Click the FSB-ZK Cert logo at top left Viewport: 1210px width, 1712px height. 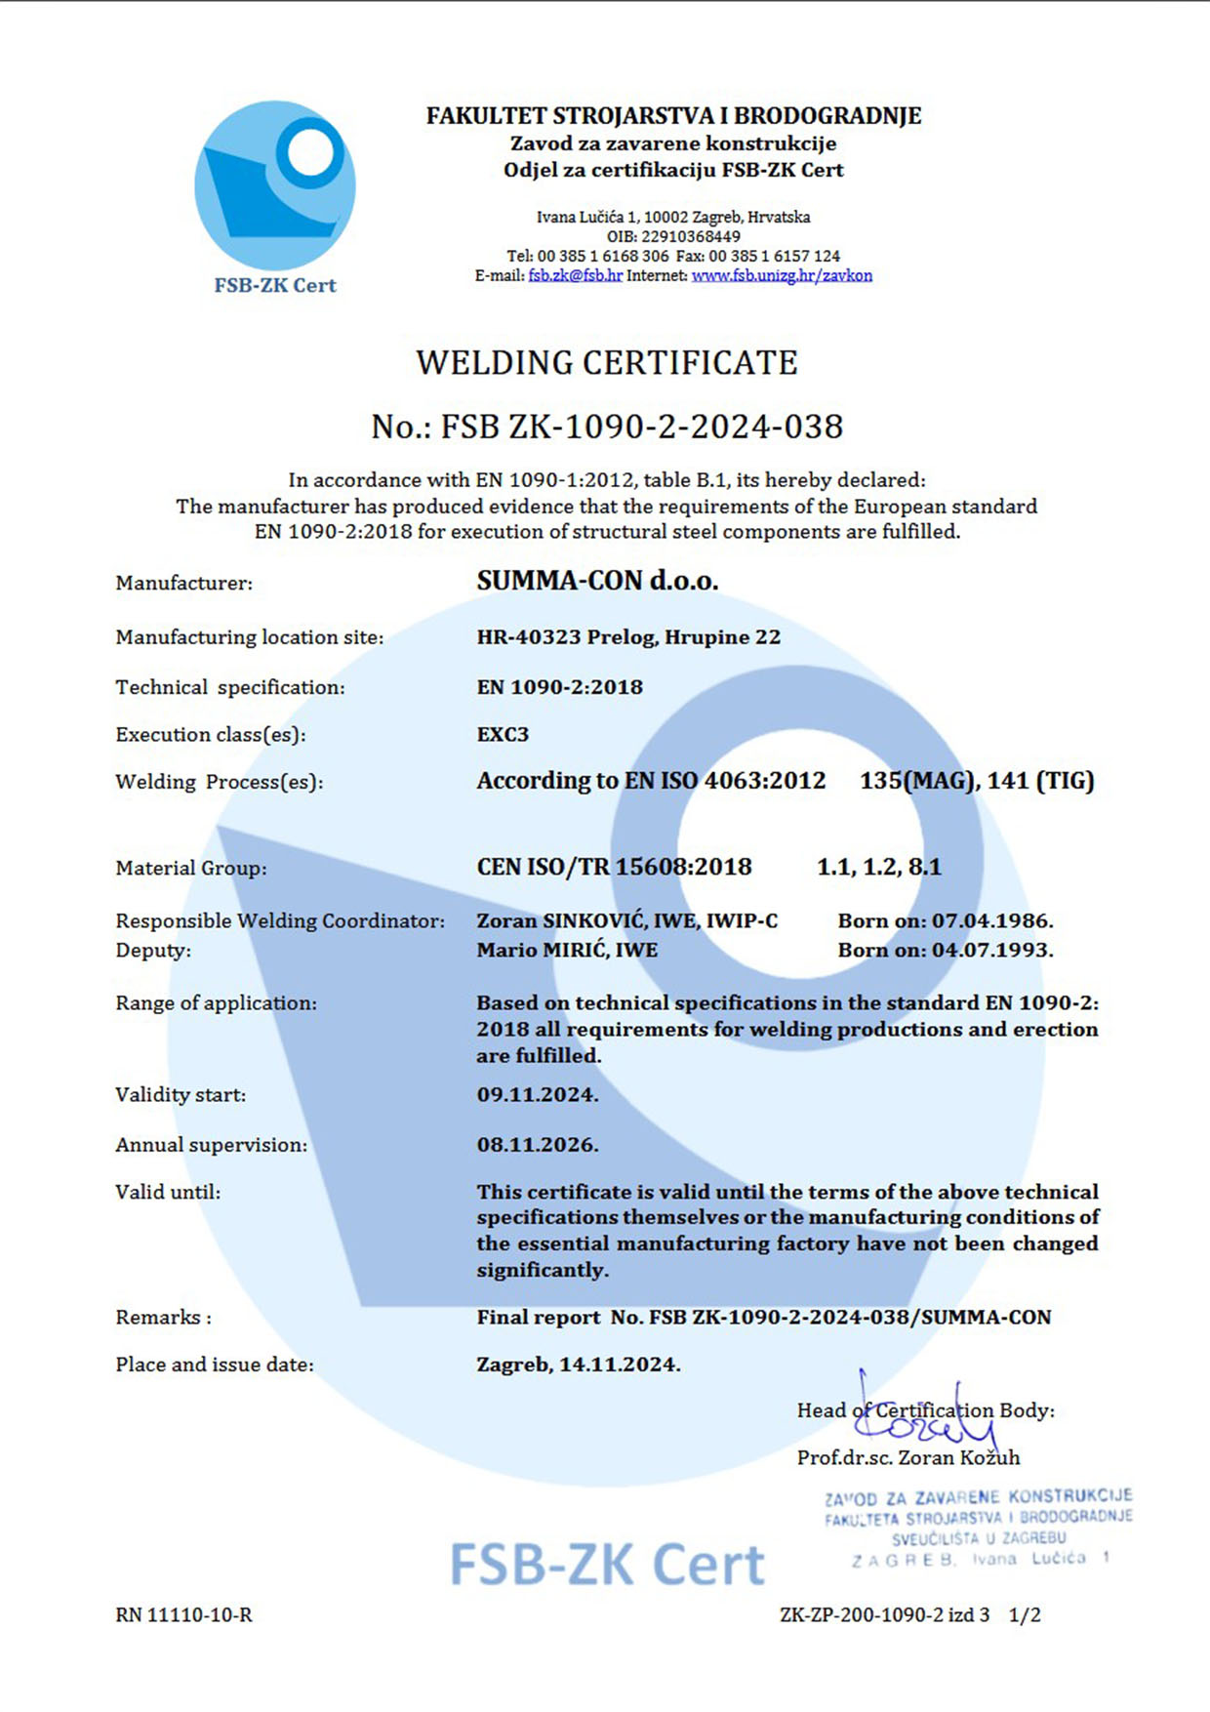274,195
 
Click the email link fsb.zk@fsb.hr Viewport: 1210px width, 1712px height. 575,276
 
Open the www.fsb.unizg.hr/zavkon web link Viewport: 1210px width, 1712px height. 782,276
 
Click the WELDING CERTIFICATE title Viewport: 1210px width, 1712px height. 606,363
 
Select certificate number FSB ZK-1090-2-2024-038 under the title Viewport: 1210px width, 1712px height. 641,427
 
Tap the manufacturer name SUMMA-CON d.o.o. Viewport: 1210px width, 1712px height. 597,581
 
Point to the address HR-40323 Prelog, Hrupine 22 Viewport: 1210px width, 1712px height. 628,637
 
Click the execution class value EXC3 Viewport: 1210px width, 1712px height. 503,734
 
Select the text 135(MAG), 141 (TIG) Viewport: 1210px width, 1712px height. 977,781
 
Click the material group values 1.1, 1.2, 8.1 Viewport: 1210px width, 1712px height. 878,867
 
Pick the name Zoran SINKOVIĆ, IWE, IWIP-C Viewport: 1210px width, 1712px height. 626,920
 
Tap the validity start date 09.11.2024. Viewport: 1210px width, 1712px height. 537,1095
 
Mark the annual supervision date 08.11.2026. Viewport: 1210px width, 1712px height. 537,1145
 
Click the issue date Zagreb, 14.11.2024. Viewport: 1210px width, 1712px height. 578,1365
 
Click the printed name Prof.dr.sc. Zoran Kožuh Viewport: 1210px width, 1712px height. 907,1457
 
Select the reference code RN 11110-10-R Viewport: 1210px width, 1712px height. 183,1615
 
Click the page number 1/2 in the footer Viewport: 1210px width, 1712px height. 1024,1615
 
